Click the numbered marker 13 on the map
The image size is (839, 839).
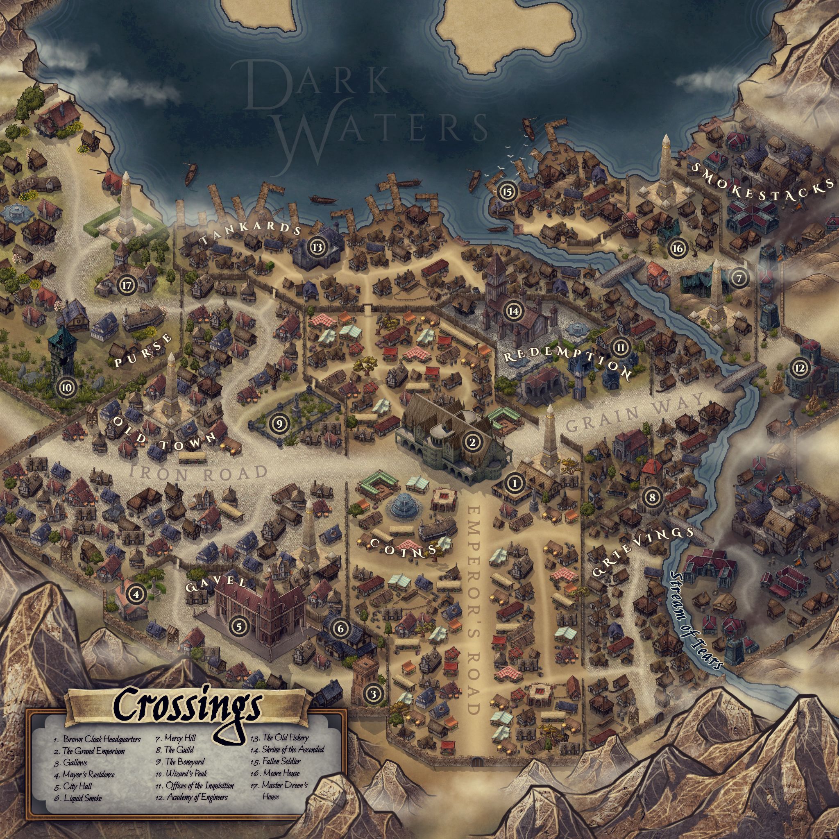pyautogui.click(x=317, y=247)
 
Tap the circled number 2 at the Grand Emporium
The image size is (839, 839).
pyautogui.click(x=472, y=442)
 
